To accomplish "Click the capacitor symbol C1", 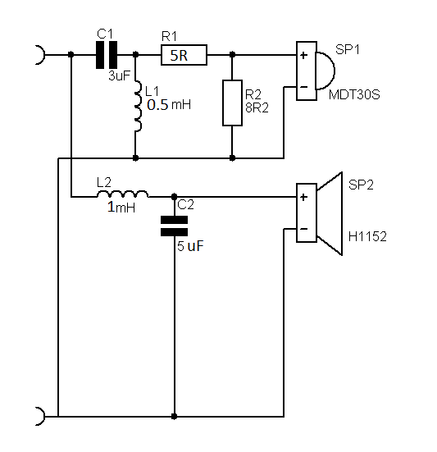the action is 107,55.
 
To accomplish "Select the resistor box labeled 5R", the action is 184,55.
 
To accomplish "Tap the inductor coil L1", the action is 138,107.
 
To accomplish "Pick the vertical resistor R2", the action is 232,103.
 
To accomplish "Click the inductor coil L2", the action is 123,194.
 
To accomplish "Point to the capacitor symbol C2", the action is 174,226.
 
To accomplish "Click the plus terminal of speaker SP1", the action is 303,55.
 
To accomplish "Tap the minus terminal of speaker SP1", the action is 303,87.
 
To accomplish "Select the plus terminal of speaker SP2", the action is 303,197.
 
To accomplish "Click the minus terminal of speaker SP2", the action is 303,229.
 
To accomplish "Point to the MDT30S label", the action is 354,94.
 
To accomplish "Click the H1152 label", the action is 367,237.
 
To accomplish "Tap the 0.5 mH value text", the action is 169,104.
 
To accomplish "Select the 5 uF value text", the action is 190,246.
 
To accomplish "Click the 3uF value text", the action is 119,75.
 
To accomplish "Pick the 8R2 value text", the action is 257,107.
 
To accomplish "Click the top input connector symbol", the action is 41,55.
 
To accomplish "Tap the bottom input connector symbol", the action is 41,416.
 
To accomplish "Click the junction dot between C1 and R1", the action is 135,54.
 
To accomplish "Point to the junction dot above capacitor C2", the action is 174,197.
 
